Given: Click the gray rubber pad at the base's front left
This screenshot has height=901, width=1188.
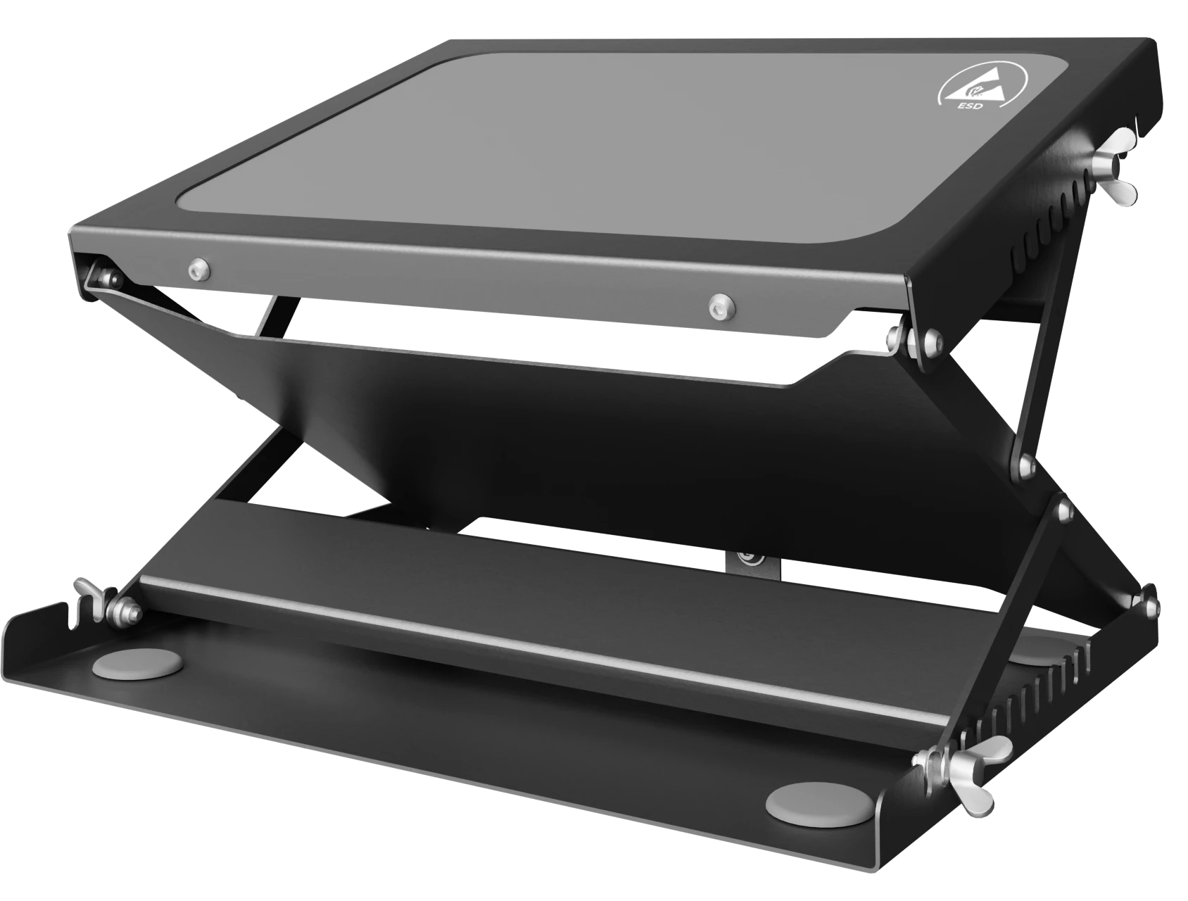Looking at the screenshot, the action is pos(137,663).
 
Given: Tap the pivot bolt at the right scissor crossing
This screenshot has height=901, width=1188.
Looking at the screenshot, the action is pos(1023,464).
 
